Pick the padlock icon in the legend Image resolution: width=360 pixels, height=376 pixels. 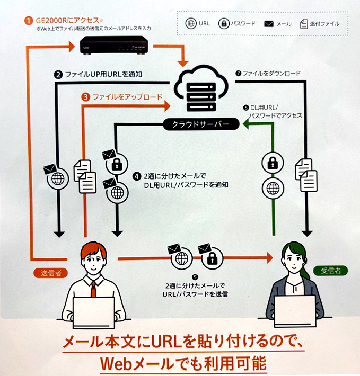(223, 23)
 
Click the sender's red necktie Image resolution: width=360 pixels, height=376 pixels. (94, 289)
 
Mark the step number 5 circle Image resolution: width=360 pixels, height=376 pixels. (196, 277)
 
